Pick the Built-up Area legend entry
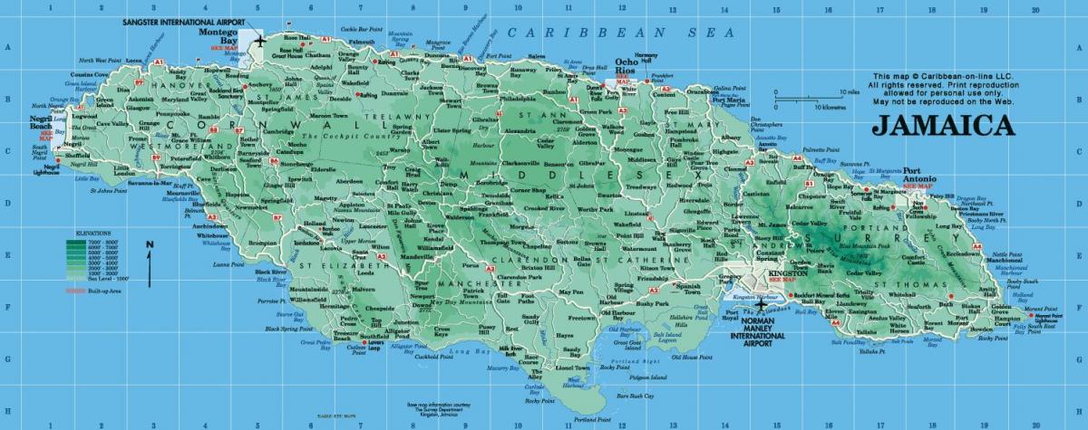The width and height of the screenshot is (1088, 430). [x=90, y=291]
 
